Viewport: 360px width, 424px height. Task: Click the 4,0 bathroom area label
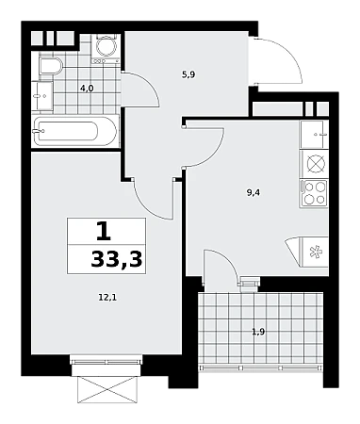click(x=87, y=89)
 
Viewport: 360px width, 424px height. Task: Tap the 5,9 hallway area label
click(x=188, y=74)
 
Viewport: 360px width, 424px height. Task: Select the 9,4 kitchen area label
click(x=254, y=193)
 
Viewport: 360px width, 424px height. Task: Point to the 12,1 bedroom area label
click(x=107, y=298)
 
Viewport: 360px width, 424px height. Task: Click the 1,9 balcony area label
click(x=258, y=332)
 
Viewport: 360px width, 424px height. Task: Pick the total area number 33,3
click(x=117, y=260)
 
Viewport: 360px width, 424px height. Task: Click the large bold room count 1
click(x=104, y=231)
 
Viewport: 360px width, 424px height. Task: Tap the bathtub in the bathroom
click(x=75, y=131)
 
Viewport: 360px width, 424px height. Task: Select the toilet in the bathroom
click(x=50, y=66)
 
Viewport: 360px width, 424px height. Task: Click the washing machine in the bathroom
click(x=106, y=48)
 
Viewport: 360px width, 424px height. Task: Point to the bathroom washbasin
click(x=42, y=96)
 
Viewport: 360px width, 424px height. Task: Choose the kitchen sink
click(x=314, y=135)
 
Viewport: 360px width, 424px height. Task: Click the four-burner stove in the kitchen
click(x=314, y=193)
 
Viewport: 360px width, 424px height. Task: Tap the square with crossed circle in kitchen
click(x=314, y=164)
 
